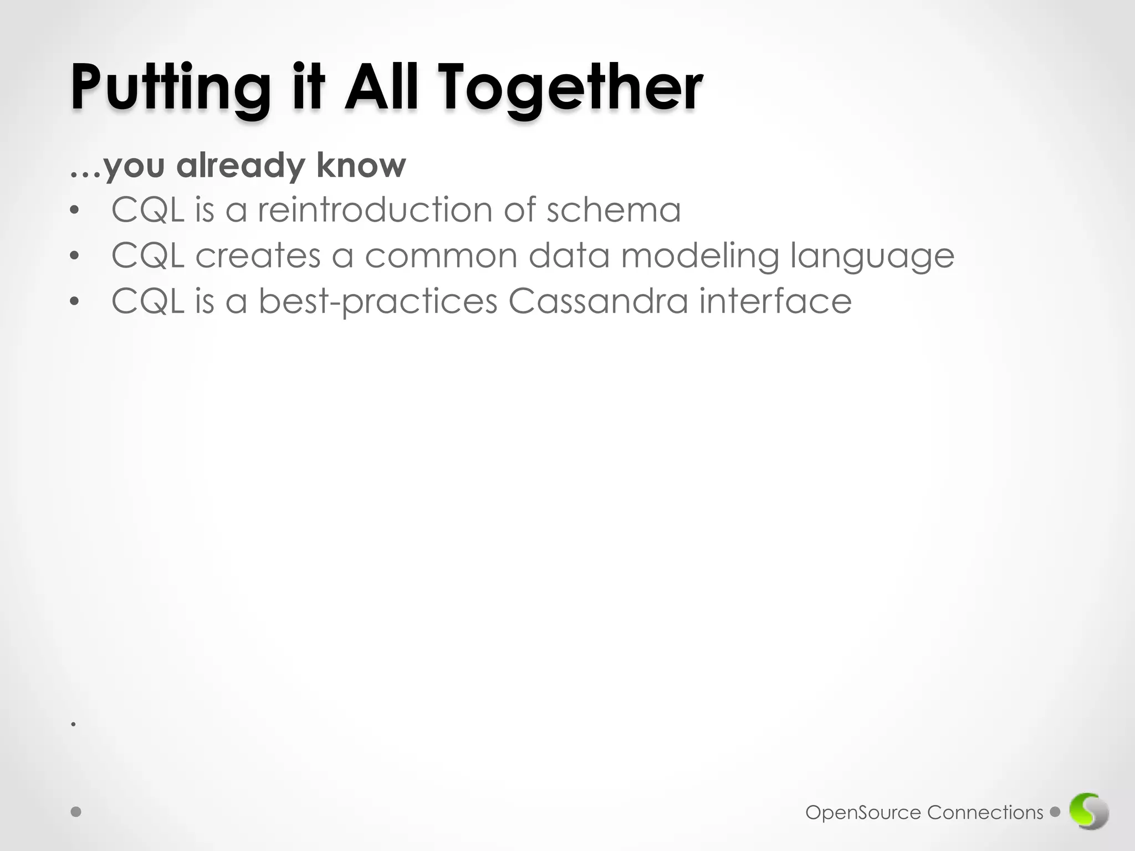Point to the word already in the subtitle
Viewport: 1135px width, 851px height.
click(241, 166)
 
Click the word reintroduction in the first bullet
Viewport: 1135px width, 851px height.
click(375, 210)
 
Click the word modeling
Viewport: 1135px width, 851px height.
click(700, 257)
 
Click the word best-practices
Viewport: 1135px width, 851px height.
click(378, 302)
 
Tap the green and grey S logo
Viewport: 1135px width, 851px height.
click(1089, 812)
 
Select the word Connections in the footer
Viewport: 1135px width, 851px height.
click(985, 813)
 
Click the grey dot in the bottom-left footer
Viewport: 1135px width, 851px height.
click(76, 812)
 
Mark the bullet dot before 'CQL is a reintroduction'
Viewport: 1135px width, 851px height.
click(75, 211)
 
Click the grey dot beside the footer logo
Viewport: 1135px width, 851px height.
click(1055, 812)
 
